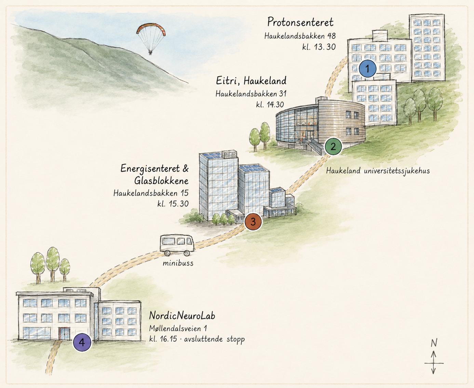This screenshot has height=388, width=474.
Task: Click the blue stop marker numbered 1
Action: point(367,68)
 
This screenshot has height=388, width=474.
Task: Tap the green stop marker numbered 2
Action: point(333,146)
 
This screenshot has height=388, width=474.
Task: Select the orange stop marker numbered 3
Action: point(253,222)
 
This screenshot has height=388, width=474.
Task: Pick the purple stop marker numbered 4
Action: point(82,342)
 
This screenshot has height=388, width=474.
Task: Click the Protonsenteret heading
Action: point(300,22)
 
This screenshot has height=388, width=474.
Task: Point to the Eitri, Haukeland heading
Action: point(251,80)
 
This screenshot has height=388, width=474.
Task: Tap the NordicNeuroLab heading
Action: point(182,316)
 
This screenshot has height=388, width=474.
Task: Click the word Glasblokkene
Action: point(161,181)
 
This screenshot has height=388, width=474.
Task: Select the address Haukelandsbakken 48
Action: point(300,36)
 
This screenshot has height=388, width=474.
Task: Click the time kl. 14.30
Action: point(270,104)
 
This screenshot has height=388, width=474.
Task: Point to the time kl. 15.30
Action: point(173,204)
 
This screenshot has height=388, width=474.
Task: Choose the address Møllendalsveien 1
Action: point(178,328)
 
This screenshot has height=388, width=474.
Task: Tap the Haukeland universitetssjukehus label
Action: point(378,171)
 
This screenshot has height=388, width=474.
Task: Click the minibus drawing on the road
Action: point(177,245)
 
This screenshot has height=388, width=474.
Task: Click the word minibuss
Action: point(178,263)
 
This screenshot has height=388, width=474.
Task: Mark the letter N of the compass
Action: point(434,343)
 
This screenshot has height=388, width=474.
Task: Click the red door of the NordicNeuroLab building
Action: point(64,334)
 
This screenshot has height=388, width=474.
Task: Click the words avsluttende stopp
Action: point(214,339)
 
